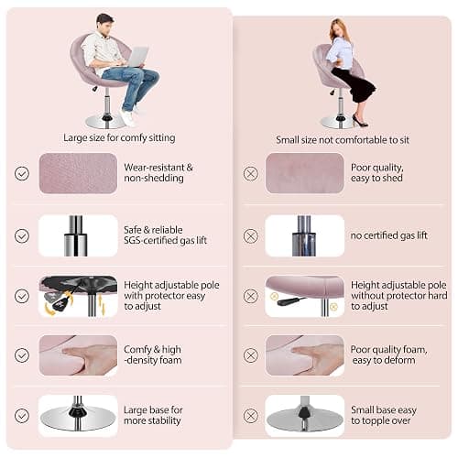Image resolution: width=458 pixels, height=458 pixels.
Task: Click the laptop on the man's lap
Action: click(136, 57)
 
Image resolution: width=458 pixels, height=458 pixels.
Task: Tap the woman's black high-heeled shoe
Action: click(360, 121)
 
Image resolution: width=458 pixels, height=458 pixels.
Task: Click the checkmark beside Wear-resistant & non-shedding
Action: click(22, 173)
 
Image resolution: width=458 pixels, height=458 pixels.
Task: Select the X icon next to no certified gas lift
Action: click(251, 236)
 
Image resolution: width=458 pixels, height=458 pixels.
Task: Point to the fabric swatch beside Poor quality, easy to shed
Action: click(305, 173)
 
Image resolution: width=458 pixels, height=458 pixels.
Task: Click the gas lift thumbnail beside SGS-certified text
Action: click(78, 235)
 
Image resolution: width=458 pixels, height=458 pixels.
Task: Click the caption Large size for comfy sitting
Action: click(119, 137)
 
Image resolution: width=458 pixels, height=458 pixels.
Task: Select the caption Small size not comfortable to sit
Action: click(343, 140)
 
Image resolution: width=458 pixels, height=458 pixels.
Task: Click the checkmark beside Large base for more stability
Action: click(22, 416)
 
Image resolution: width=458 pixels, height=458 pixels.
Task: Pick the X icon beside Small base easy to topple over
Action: click(251, 416)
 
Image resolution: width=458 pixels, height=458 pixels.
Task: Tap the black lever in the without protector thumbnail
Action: click(291, 300)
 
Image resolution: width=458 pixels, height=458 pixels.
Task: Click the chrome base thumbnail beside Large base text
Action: click(78, 416)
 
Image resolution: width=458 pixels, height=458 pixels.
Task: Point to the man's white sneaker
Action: click(127, 117)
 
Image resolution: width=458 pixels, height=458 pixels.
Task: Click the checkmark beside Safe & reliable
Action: click(22, 236)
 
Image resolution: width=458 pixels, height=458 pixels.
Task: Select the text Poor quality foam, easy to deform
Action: click(388, 354)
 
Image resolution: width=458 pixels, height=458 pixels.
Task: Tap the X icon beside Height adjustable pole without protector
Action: click(251, 296)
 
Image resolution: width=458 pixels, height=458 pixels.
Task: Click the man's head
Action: click(104, 24)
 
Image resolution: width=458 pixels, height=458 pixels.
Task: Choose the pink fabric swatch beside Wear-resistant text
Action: click(78, 173)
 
